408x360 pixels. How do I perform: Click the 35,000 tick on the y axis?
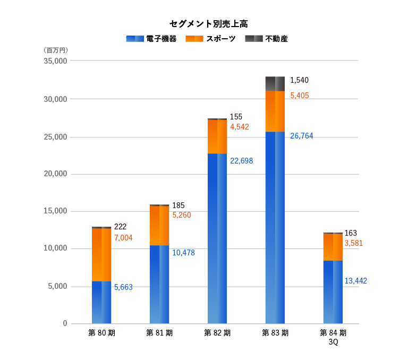pos(55,61)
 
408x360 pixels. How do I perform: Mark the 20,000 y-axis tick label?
pos(55,174)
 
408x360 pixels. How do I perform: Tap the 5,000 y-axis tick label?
pos(57,286)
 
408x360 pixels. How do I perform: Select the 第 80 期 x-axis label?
pos(101,333)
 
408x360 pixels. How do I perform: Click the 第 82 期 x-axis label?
pos(217,333)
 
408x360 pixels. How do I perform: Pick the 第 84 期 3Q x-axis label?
pos(333,337)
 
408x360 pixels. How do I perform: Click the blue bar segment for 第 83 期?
pos(275,227)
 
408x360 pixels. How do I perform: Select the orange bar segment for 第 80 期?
pos(101,254)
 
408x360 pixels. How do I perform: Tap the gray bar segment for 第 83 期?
pos(275,83)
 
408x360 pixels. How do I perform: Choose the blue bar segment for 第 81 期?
pos(159,284)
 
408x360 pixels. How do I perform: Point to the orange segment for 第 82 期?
pos(217,136)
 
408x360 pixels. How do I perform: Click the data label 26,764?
pos(302,136)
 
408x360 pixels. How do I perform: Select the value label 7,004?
pos(123,238)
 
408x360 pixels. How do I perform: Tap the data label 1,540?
pos(299,80)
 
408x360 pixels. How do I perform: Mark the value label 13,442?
pos(356,281)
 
